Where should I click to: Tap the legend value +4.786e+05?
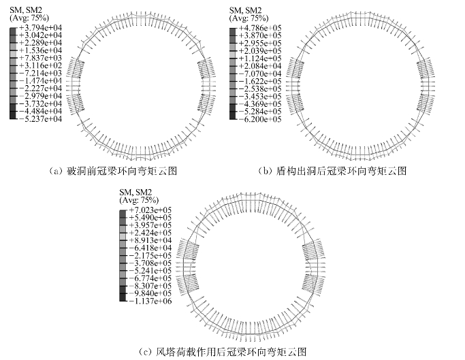click(258, 27)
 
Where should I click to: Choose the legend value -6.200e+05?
click(258, 118)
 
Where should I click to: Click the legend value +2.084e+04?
click(258, 65)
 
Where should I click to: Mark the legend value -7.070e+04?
click(258, 73)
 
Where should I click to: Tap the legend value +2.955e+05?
click(258, 42)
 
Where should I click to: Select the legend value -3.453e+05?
click(258, 96)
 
